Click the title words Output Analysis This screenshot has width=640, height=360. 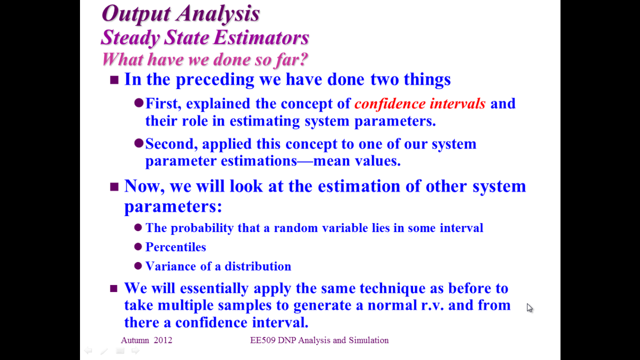point(181,13)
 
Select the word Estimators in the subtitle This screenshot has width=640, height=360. point(261,37)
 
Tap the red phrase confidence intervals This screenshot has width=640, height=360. point(419,103)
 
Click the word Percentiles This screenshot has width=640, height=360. point(175,247)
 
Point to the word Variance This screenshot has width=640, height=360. point(170,266)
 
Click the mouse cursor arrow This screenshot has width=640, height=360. point(529,308)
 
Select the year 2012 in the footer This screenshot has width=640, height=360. point(163,340)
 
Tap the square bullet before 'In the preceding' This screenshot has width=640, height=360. point(114,80)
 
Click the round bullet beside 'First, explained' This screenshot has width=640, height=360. point(138,103)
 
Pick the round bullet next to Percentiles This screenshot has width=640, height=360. point(138,246)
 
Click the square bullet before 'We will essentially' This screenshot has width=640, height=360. point(113,288)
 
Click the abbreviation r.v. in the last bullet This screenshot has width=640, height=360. point(432,305)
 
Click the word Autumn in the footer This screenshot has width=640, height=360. point(135,340)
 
